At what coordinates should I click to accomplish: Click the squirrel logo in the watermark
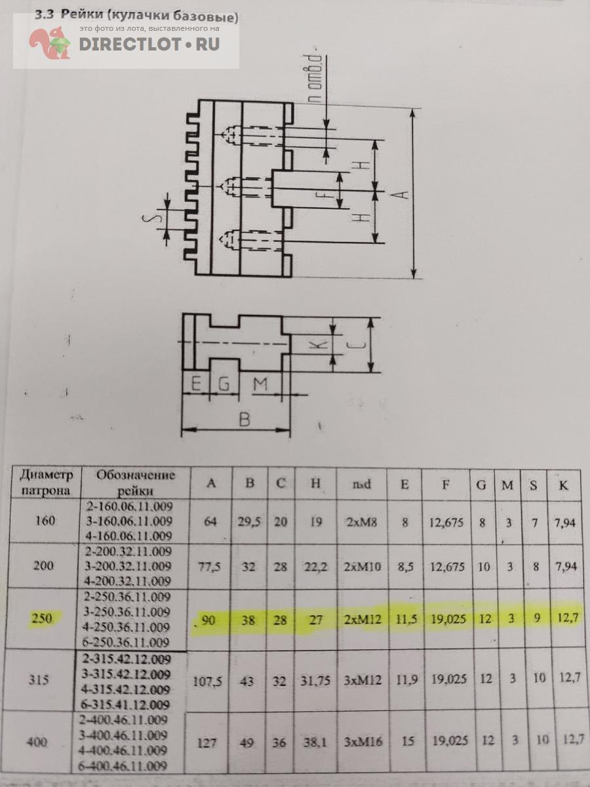click(x=50, y=43)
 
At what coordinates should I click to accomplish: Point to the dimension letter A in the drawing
click(x=404, y=193)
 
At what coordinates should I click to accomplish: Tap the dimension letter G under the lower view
click(x=224, y=384)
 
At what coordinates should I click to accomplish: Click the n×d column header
click(x=361, y=485)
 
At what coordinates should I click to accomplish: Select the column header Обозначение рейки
click(x=136, y=483)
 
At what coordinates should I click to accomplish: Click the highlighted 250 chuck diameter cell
click(x=42, y=618)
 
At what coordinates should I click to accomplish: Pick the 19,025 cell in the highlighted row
click(x=448, y=618)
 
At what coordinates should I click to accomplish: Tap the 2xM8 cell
click(x=361, y=521)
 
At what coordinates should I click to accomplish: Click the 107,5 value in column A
click(x=207, y=681)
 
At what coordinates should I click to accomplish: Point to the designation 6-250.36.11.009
click(x=126, y=642)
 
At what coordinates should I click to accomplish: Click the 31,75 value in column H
click(x=315, y=680)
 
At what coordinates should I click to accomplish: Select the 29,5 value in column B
click(x=249, y=521)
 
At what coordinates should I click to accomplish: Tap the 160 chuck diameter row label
click(x=45, y=520)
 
